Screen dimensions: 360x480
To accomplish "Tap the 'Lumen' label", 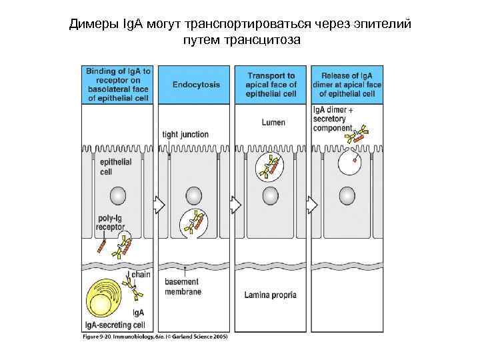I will coord(273,122).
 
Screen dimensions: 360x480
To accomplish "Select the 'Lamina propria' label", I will coord(270,295).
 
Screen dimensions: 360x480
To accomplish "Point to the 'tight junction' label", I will coord(185,135).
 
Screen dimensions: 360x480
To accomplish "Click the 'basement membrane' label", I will coord(182,287).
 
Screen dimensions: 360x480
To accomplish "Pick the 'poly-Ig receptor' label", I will coord(110,223).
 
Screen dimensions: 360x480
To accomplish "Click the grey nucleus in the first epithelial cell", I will coord(117,195).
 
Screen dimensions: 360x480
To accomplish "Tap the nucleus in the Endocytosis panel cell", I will coord(194,195).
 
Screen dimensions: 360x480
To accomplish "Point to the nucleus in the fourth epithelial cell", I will coord(347,195).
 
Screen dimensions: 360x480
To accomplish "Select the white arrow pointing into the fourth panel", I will coord(311,203).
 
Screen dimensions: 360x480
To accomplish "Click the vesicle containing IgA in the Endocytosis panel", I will coord(193,223).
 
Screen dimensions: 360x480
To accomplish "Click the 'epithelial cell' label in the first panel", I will coord(115,166).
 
